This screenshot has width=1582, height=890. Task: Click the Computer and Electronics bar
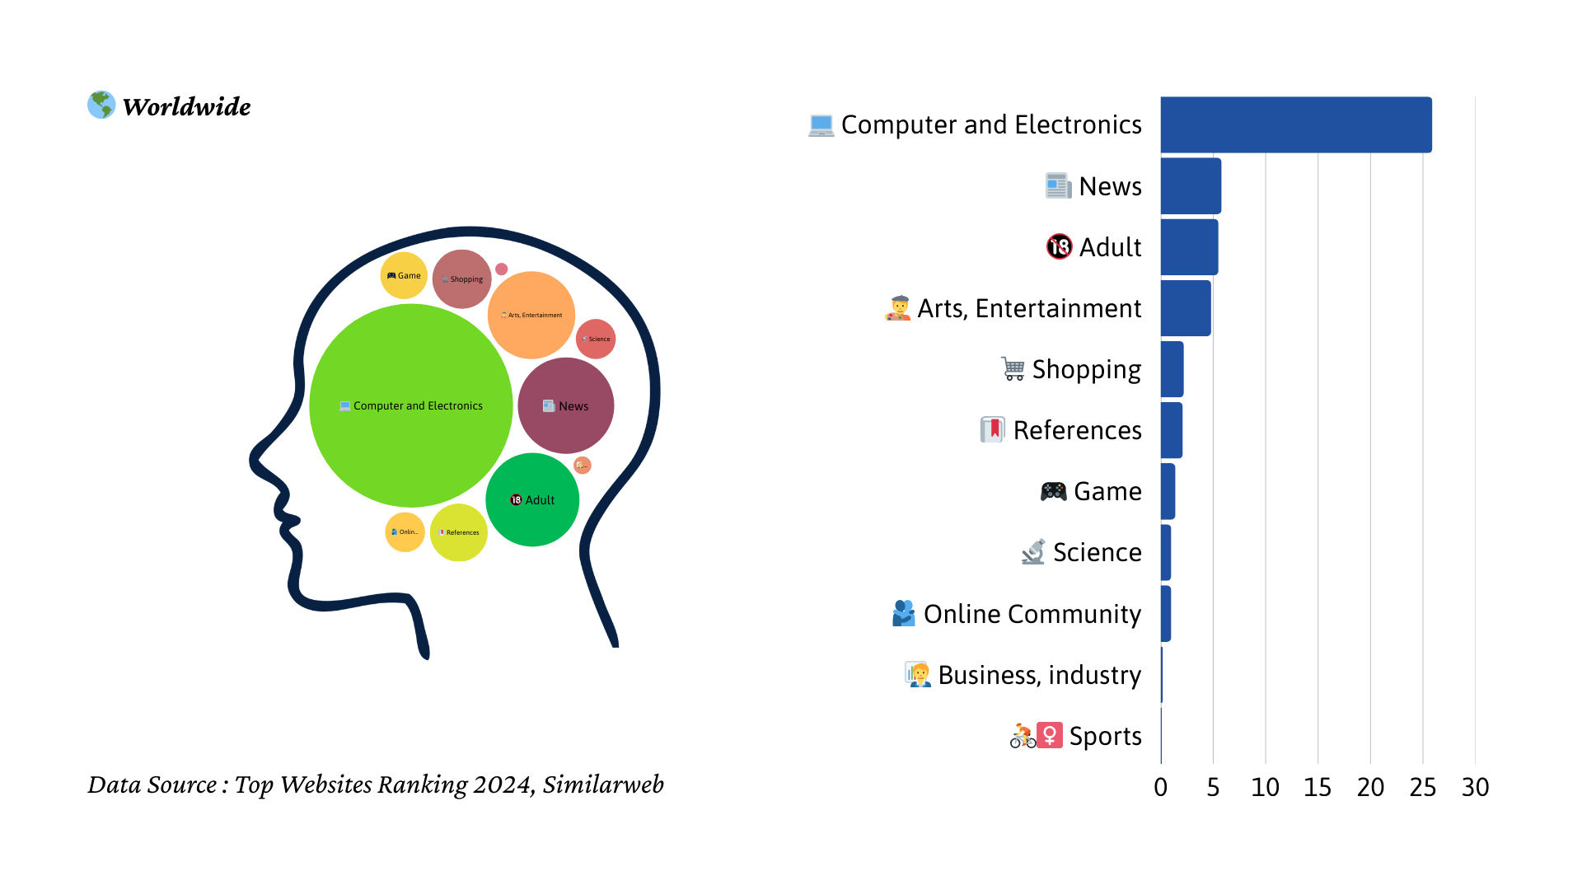[x=1295, y=124]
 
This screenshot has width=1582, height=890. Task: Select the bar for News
[x=1191, y=186]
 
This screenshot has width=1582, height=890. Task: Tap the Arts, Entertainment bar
[x=1186, y=308]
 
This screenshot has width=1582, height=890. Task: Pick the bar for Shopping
[x=1172, y=369]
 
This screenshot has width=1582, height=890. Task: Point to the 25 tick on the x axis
[x=1422, y=788]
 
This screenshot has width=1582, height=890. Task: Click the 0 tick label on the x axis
[x=1160, y=788]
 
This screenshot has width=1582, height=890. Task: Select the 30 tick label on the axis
[x=1475, y=788]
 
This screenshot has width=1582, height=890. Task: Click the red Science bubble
[x=596, y=339]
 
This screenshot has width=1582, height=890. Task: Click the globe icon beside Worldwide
[x=101, y=105]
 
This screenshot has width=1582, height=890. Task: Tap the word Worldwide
[x=187, y=106]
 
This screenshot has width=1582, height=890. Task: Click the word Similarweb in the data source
[x=603, y=785]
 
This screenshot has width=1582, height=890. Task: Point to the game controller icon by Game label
[x=1053, y=492]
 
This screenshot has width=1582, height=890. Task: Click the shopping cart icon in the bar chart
[x=1013, y=368]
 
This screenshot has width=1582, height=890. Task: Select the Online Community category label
[x=1032, y=614]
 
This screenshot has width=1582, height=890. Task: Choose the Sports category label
[x=1105, y=736]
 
